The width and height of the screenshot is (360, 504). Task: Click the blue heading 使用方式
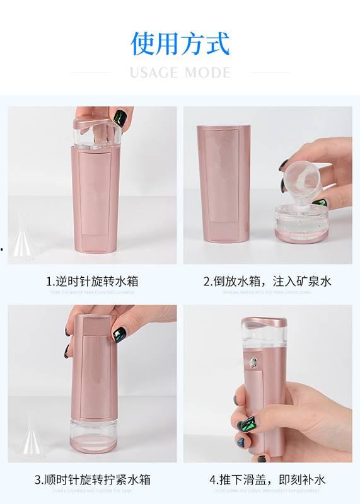coord(180,43)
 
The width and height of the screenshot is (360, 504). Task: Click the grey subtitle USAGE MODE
coord(180,72)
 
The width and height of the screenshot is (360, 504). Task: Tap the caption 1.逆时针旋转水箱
coord(92,281)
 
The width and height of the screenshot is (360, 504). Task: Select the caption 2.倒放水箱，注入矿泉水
coord(267,281)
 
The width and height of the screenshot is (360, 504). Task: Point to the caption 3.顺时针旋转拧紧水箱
coord(92,480)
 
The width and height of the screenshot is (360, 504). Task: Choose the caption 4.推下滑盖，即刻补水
coord(267,480)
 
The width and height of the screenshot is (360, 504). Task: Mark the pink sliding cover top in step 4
coord(264,323)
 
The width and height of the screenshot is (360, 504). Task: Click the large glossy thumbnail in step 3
coord(119,335)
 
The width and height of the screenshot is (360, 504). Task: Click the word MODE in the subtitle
coord(207,72)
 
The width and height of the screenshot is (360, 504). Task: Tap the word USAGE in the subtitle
coord(153,72)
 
